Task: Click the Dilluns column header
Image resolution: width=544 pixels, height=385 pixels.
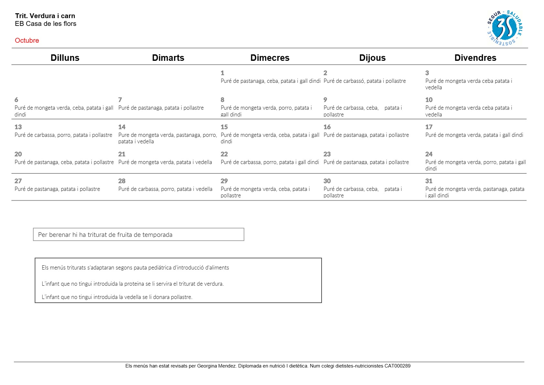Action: (x=65, y=58)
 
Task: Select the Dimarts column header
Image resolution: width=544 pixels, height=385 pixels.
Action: (x=168, y=58)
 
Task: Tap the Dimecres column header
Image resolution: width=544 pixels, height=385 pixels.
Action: (x=270, y=58)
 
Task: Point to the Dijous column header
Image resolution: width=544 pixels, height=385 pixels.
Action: (x=372, y=58)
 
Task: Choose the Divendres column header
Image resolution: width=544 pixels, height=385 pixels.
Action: (x=475, y=58)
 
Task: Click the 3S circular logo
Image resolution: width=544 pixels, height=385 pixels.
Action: (x=505, y=28)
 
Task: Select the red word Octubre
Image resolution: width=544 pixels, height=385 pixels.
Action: (x=27, y=40)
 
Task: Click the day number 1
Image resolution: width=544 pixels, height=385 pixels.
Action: (x=222, y=73)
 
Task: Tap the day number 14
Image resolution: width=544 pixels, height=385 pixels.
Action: (x=122, y=127)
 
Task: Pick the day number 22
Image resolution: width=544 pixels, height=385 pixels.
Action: (x=224, y=154)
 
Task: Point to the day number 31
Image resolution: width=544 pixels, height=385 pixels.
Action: (x=429, y=181)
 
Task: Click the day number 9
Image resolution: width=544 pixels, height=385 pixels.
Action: (x=325, y=100)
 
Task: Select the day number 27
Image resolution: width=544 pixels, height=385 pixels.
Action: (x=18, y=181)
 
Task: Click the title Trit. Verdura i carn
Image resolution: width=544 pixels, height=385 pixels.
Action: (x=45, y=16)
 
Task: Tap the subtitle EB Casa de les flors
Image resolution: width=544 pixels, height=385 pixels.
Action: (x=46, y=24)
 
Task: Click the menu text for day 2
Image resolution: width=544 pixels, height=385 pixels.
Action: (x=365, y=81)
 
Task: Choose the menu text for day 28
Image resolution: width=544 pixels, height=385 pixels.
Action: (x=165, y=189)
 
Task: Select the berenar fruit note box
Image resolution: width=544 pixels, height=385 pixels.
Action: (x=138, y=235)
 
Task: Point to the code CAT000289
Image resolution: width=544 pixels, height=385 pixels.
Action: (x=397, y=366)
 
